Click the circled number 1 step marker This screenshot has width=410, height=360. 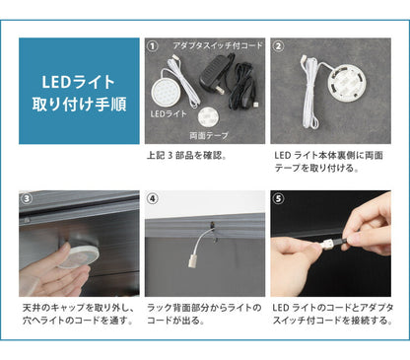(152, 46)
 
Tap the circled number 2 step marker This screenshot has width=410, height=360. (279, 46)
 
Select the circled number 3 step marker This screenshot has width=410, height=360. (26, 198)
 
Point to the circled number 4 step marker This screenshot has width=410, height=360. (152, 198)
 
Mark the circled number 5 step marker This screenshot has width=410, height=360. (279, 198)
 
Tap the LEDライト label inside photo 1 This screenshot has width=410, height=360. (171, 114)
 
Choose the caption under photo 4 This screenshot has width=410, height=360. (204, 315)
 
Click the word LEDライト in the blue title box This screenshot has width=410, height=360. (80, 80)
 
